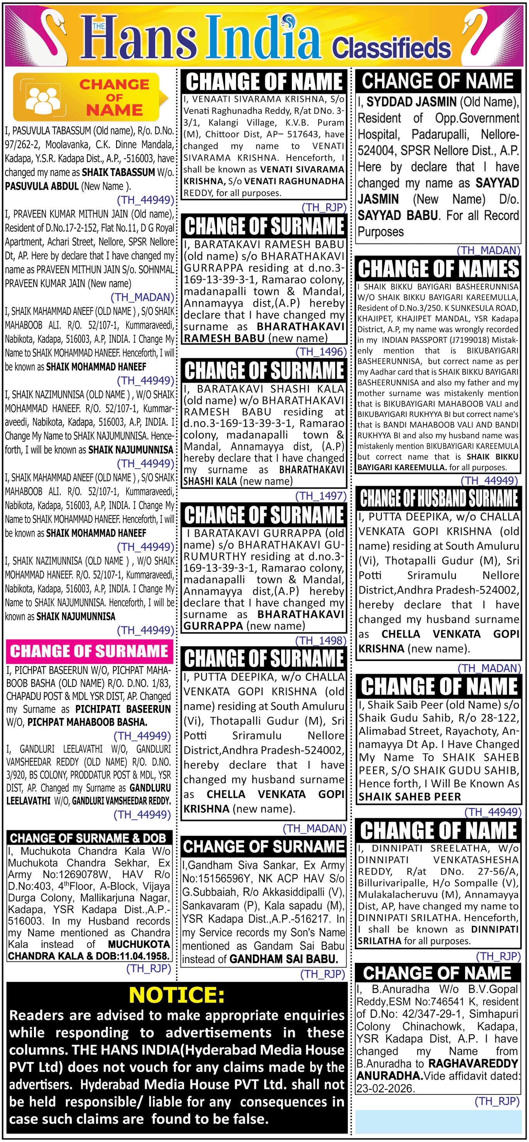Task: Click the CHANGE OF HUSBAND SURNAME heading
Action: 438,498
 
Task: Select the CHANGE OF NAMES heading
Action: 438,269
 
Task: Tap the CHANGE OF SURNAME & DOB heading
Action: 88,837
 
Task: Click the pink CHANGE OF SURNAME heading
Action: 89,651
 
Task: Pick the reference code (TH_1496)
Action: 321,352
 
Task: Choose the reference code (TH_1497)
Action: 321,496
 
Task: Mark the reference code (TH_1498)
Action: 321,640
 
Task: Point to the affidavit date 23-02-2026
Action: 385,1088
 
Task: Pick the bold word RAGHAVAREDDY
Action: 473,1064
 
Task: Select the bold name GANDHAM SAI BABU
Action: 284,959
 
